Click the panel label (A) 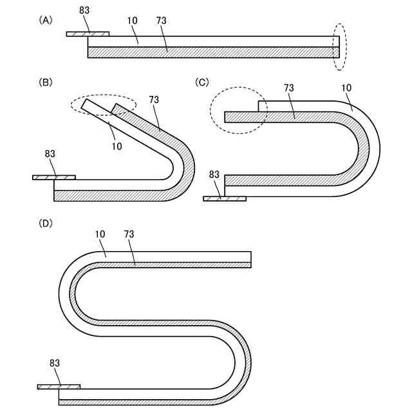pyautogui.click(x=46, y=20)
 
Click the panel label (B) pyautogui.click(x=46, y=82)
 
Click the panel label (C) pyautogui.click(x=202, y=82)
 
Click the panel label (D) pyautogui.click(x=46, y=223)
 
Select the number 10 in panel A pyautogui.click(x=133, y=21)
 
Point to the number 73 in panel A pyautogui.click(x=162, y=21)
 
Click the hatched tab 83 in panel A pyautogui.click(x=88, y=33)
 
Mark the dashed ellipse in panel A pyautogui.click(x=339, y=47)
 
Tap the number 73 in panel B pyautogui.click(x=154, y=99)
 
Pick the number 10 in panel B pyautogui.click(x=116, y=146)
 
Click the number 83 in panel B pyautogui.click(x=50, y=154)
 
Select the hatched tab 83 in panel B pyautogui.click(x=54, y=177)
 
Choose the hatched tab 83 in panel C pyautogui.click(x=224, y=198)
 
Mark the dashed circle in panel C pyautogui.click(x=239, y=110)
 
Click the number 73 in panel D pyautogui.click(x=129, y=234)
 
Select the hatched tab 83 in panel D pyautogui.click(x=59, y=387)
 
